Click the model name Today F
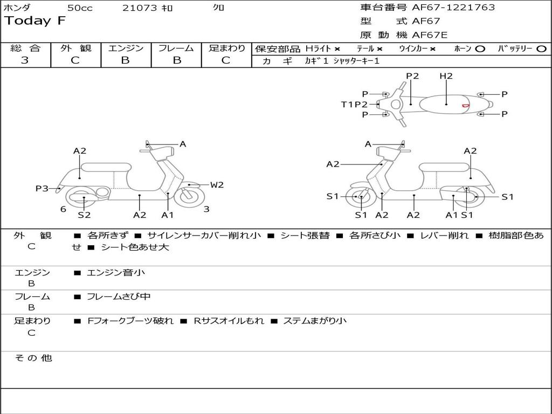(x=35, y=22)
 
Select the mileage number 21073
(x=140, y=8)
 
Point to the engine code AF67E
(x=430, y=35)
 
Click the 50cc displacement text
(x=80, y=8)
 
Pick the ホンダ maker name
(x=17, y=8)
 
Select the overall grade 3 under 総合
(x=25, y=60)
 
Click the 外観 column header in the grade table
(x=75, y=49)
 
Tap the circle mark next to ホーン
(x=480, y=49)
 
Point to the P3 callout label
(x=42, y=189)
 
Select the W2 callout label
(x=217, y=185)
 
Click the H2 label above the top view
(x=446, y=76)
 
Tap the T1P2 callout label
(x=354, y=105)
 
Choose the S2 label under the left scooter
(x=84, y=215)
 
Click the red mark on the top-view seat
(x=465, y=106)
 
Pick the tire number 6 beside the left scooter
(x=63, y=209)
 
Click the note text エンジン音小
(x=116, y=273)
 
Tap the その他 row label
(x=33, y=358)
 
